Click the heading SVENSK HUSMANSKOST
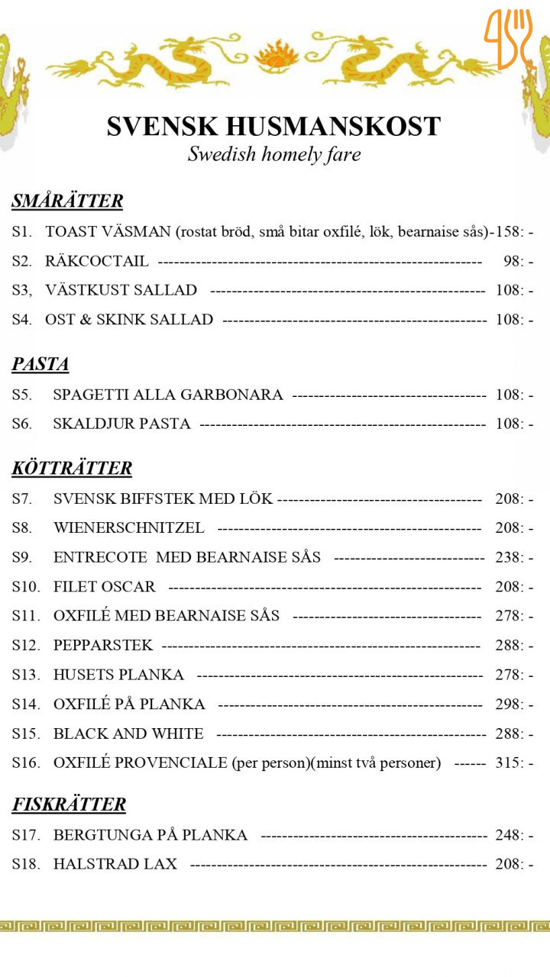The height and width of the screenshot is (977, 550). pos(273,126)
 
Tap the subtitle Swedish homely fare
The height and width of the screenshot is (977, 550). pos(273,154)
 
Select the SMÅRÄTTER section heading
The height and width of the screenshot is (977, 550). pos(67,202)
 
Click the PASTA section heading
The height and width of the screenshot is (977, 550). pos(40,365)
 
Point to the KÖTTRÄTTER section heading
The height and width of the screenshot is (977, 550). pos(72,468)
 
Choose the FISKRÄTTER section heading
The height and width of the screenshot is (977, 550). pos(69,804)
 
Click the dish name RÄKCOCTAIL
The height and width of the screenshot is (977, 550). pos(97,261)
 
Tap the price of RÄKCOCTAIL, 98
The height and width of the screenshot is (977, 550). pos(513,261)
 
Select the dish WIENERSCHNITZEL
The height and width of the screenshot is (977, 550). pos(129,528)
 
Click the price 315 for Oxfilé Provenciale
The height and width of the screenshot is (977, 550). pos(509,763)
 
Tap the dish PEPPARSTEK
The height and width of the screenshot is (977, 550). pos(103,646)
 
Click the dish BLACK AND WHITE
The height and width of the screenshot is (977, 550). pos(128,734)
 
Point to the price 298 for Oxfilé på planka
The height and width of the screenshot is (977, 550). pos(509,704)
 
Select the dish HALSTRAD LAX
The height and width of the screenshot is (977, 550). pos(115,864)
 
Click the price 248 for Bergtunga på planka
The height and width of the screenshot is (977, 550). pos(509,835)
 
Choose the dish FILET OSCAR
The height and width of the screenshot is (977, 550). pos(105,587)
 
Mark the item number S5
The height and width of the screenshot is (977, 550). pos(21,395)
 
